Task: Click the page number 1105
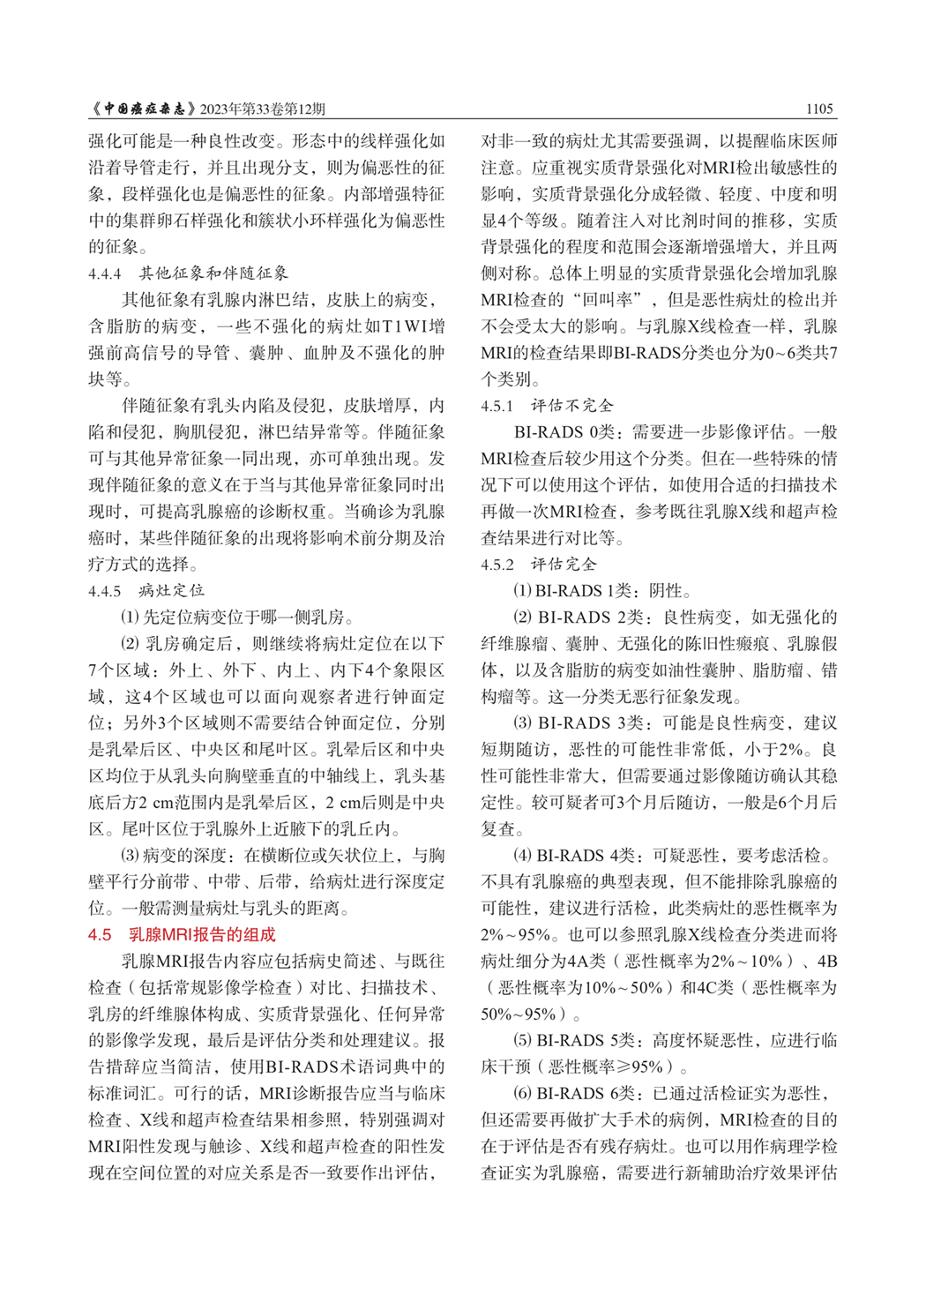click(819, 109)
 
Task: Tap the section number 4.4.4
click(104, 273)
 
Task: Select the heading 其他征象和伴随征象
click(213, 273)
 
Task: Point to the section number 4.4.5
click(104, 590)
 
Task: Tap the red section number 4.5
click(100, 934)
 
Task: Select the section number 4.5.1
click(497, 406)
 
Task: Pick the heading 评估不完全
click(571, 406)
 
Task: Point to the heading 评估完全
click(564, 564)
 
